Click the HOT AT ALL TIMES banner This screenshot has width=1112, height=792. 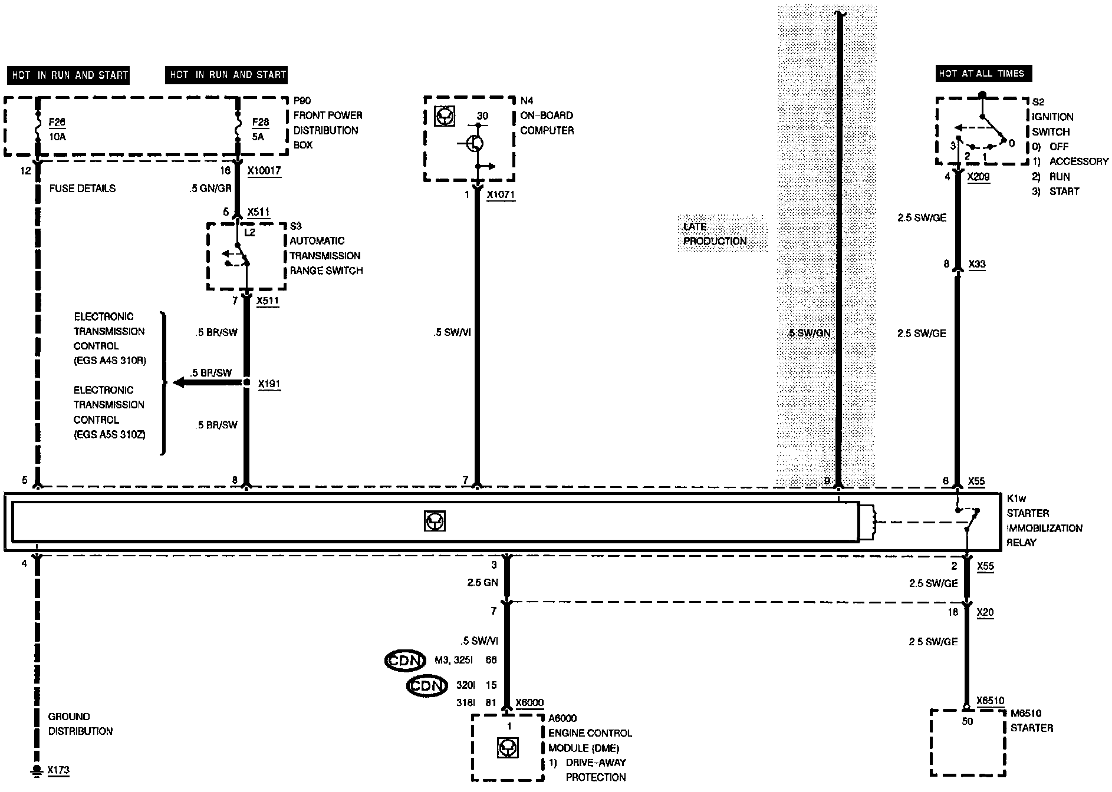point(983,74)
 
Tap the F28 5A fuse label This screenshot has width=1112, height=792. point(260,129)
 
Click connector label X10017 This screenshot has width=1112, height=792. point(264,171)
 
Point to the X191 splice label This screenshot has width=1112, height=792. point(269,384)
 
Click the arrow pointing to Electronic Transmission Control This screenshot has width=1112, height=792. point(206,383)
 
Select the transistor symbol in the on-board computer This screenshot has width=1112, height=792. point(476,143)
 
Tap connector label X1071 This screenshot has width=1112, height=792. point(501,195)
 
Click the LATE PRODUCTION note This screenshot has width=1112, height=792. point(715,233)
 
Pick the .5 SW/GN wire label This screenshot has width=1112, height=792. point(810,333)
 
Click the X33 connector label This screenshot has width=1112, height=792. point(977,264)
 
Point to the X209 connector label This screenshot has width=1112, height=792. point(978,176)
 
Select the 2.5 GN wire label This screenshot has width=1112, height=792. point(482,583)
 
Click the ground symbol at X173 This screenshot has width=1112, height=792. point(37,770)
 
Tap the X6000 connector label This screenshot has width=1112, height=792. point(529,703)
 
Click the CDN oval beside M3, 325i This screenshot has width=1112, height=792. point(404,661)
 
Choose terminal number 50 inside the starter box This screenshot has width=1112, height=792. point(967,721)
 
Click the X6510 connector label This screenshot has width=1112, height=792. point(990,701)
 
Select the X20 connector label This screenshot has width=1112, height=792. point(985,613)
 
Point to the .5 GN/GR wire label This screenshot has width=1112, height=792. point(210,188)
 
